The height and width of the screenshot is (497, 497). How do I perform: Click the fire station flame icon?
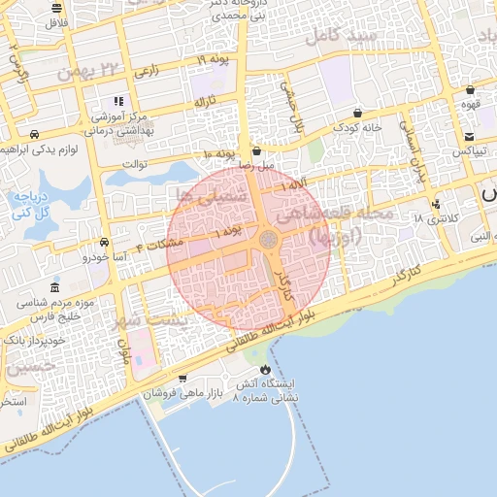point(265,370)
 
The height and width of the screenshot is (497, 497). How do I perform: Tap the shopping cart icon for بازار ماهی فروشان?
point(183,379)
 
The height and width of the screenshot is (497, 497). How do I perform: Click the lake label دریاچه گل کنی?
point(28,204)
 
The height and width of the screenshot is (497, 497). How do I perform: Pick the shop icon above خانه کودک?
point(358,113)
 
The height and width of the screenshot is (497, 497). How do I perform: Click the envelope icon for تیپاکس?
point(469,136)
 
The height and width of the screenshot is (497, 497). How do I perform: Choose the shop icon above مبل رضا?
point(256,150)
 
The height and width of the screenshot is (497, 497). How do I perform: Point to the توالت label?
point(133,163)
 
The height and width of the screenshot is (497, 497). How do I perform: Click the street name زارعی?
point(146,71)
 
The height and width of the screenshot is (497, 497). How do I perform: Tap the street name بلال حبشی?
point(293,107)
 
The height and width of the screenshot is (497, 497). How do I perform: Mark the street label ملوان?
point(124,351)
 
